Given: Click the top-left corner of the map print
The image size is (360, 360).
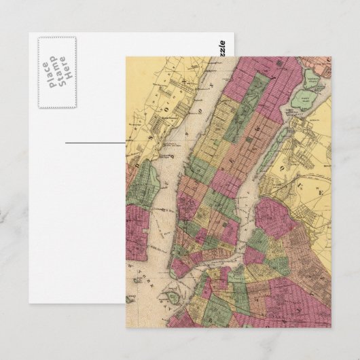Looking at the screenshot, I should (x=126, y=57).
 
